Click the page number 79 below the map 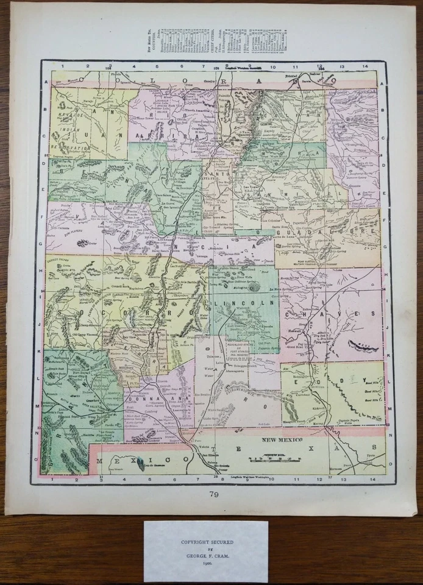coord(211,494)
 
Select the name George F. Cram coord(205,556)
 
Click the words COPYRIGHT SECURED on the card coord(205,540)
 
